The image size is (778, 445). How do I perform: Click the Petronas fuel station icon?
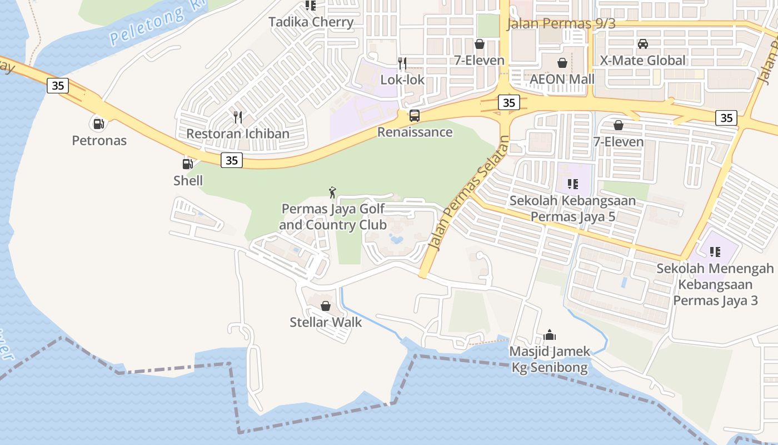click(x=98, y=123)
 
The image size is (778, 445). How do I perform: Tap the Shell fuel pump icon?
click(x=188, y=164)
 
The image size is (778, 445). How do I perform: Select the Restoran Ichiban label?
click(x=238, y=133)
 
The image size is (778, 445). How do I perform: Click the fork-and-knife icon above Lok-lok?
click(x=402, y=63)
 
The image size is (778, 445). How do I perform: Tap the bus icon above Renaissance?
click(x=415, y=116)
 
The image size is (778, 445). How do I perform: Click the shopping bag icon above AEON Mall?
click(x=562, y=62)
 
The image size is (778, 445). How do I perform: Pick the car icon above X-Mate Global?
click(x=643, y=43)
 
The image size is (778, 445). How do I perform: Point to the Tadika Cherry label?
click(x=311, y=22)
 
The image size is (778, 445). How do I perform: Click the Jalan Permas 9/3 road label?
click(x=561, y=23)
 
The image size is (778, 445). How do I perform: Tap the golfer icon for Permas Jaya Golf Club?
click(x=332, y=192)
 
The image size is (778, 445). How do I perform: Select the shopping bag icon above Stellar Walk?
click(x=326, y=306)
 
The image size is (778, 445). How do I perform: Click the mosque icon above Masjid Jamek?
click(x=550, y=335)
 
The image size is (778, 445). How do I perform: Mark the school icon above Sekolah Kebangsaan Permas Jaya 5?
click(x=573, y=184)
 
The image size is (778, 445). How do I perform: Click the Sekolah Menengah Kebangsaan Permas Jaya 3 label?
click(x=715, y=284)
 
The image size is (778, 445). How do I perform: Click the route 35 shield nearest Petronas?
click(x=57, y=86)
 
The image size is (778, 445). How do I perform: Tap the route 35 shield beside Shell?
click(x=232, y=160)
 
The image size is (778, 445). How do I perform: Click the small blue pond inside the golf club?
click(x=396, y=239)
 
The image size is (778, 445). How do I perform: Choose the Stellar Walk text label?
click(x=326, y=322)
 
